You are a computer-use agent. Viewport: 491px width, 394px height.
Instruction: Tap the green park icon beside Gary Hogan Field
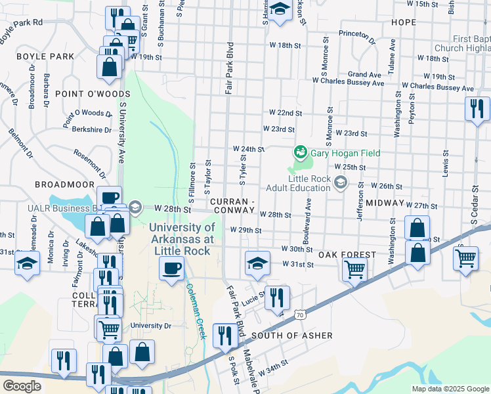[x=301, y=152]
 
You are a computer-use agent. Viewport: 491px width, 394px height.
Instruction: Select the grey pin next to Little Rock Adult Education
[x=340, y=183]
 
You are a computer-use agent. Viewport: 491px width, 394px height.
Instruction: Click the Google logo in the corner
[x=22, y=386]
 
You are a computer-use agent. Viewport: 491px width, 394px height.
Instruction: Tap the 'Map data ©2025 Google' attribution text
[x=450, y=389]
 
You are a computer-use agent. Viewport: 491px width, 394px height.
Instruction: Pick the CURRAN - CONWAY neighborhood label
[x=233, y=205]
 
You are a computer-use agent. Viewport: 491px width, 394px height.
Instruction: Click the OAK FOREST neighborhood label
[x=347, y=254]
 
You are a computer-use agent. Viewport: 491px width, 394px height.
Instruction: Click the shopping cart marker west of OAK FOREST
[x=354, y=269]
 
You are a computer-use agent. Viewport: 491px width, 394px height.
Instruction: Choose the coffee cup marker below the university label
[x=172, y=268]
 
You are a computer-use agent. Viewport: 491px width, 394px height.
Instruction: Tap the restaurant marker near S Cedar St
[x=477, y=107]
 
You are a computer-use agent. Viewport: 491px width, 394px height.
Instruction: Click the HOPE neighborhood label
[x=403, y=22]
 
